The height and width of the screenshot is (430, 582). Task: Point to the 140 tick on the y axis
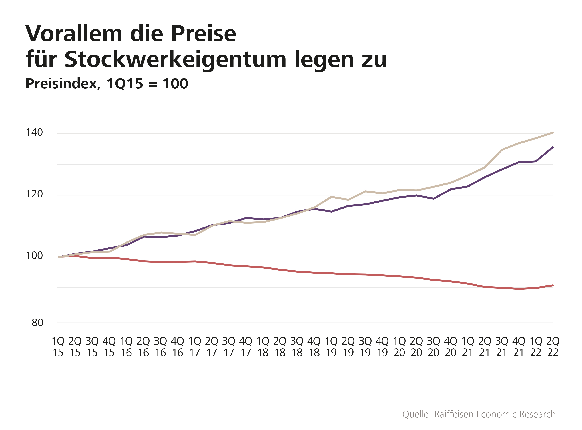click(34, 133)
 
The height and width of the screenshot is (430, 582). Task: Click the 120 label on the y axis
click(34, 194)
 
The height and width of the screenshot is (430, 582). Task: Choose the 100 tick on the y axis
click(34, 256)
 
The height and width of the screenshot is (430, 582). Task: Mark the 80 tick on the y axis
click(37, 323)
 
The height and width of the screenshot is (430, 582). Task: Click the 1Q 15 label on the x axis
click(58, 347)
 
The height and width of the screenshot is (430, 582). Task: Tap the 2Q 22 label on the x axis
click(553, 347)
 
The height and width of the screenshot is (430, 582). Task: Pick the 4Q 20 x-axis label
click(451, 347)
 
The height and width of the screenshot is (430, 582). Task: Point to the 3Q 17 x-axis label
click(229, 347)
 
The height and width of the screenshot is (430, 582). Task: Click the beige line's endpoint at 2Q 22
click(553, 133)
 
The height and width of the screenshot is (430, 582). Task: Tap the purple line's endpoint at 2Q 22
click(553, 147)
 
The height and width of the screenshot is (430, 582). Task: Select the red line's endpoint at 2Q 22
click(553, 285)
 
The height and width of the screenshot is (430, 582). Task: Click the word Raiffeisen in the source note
click(454, 414)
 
